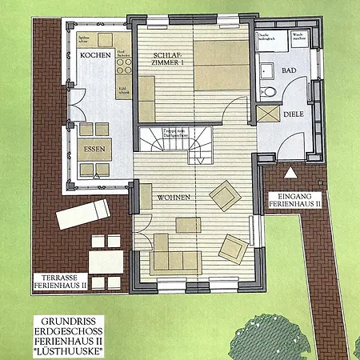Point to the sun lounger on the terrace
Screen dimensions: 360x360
click(84, 213)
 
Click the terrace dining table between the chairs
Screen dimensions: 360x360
click(105, 261)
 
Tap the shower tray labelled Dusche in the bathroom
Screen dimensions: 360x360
click(267, 50)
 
